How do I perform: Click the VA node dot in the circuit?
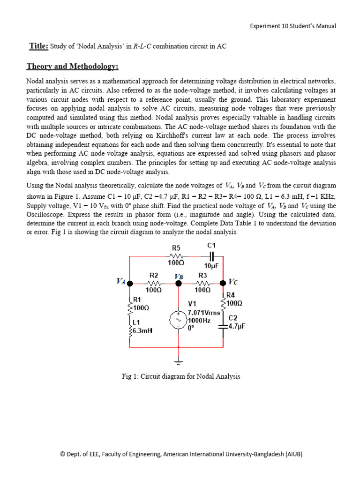130,284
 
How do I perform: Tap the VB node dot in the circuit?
178,284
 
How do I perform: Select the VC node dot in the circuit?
223,283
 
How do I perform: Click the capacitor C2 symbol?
223,328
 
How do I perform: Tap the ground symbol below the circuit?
178,361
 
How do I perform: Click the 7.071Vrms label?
204,312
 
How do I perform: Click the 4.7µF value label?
237,326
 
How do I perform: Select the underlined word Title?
38,46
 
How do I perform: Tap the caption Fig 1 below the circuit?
180,376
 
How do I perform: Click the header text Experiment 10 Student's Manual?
292,26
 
